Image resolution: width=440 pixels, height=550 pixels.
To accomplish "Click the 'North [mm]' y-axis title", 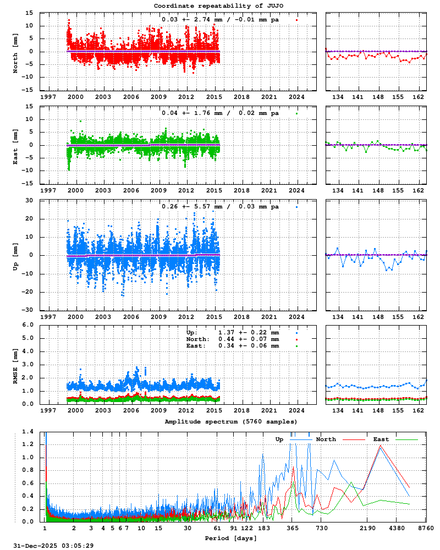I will pos(15,51).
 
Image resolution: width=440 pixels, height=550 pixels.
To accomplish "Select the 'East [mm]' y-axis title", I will pos(15,145).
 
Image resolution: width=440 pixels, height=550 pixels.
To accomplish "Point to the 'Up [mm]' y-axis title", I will pos(15,255).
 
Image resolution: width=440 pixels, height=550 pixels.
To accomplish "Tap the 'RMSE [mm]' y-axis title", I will pos(15,364).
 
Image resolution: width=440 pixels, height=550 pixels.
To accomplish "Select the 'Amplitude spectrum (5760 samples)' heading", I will pos(231,421).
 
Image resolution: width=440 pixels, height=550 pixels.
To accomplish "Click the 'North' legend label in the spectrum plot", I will pos(326,439).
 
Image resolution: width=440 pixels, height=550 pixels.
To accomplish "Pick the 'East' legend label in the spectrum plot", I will pos(381,439).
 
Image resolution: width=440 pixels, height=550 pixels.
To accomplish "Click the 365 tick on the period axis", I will pos(293,529).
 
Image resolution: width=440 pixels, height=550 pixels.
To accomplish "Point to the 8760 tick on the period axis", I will pos(425,529).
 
